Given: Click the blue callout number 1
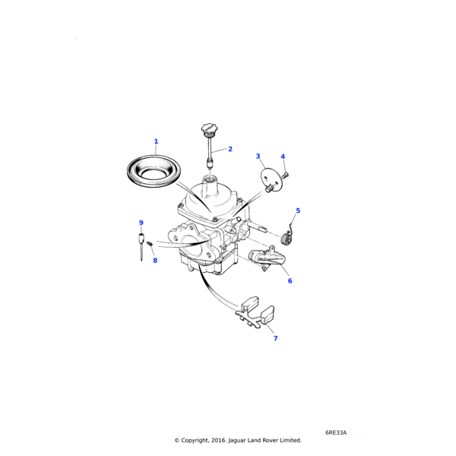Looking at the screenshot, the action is pyautogui.click(x=156, y=141).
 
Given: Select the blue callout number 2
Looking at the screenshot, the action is pyautogui.click(x=230, y=149).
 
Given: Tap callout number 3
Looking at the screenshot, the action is pyautogui.click(x=258, y=157).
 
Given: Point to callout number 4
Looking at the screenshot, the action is pyautogui.click(x=283, y=157).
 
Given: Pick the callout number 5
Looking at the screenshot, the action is pyautogui.click(x=298, y=211).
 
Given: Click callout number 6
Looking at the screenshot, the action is pyautogui.click(x=290, y=281).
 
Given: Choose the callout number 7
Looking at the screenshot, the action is pyautogui.click(x=275, y=338).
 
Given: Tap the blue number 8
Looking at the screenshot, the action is pyautogui.click(x=155, y=261).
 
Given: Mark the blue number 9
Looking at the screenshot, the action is pyautogui.click(x=141, y=223).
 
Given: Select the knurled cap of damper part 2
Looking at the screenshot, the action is pyautogui.click(x=209, y=130).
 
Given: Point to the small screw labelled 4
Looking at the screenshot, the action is pyautogui.click(x=285, y=175).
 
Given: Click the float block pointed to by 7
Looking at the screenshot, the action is pyautogui.click(x=268, y=315).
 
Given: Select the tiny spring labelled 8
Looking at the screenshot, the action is pyautogui.click(x=150, y=243).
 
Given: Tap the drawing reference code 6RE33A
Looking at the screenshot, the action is pyautogui.click(x=336, y=432).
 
